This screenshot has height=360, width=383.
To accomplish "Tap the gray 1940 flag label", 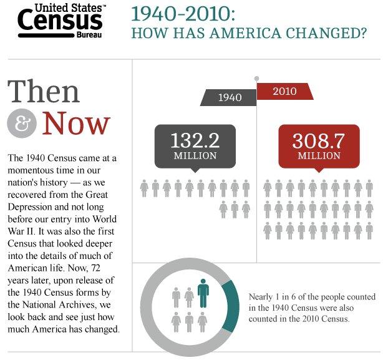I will pos(230,97).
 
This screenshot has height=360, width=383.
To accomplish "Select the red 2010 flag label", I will pos(284,92).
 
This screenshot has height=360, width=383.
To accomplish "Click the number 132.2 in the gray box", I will pos(195,140).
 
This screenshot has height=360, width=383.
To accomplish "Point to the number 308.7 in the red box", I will pos(319,140).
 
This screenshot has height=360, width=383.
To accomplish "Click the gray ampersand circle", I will pos(22,122).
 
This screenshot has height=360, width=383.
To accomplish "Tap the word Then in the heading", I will pos(44,91).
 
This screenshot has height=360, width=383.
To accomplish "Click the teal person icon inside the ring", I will pos(203,293).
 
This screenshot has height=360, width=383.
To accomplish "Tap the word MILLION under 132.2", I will pos(195,155).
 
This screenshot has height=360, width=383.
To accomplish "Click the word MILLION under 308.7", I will pos(319,155).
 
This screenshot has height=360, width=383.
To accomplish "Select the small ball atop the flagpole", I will pos(256,79).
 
